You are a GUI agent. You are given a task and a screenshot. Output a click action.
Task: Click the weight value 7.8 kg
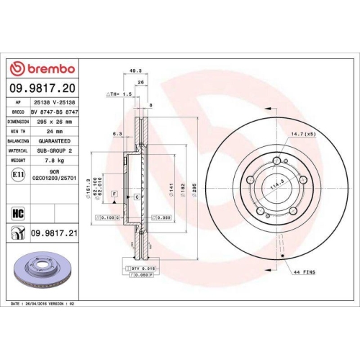[51, 161]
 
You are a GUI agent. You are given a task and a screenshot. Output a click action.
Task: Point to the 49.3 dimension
[134, 71]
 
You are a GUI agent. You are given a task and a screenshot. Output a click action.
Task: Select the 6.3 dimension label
[117, 133]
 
